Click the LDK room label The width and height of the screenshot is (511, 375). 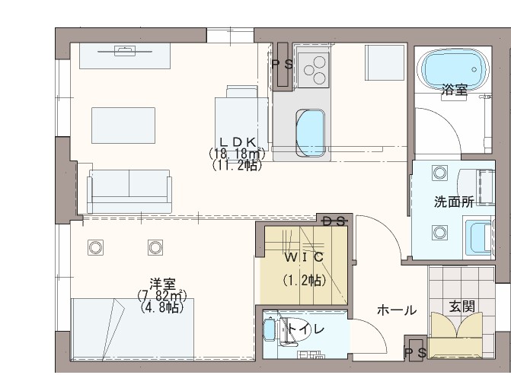(236, 141)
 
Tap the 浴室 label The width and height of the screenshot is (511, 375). (455, 90)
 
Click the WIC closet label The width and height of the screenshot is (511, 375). (304, 256)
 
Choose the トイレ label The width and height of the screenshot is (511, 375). (307, 329)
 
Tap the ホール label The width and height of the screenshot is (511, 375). (396, 310)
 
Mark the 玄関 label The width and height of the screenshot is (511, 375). (461, 306)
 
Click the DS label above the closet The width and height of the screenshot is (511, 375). (334, 221)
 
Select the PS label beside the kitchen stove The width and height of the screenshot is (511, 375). (283, 65)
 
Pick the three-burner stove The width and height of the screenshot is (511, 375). (312, 70)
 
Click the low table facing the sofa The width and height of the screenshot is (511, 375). (124, 122)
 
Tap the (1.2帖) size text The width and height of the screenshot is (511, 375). (304, 280)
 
